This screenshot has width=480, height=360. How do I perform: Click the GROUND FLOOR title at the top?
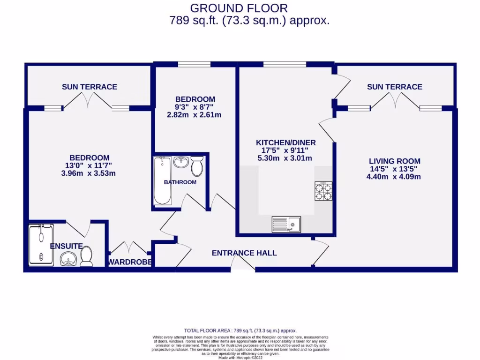coord(239,8)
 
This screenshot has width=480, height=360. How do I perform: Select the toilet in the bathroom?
coord(196,165)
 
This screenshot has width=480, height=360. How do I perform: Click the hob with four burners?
coord(323,191)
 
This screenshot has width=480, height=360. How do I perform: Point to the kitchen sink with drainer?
coord(286,225)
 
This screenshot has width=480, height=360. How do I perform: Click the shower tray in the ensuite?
coord(41,245)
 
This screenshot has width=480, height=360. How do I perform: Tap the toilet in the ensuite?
coord(86,257)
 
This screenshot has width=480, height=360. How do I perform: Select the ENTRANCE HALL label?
coord(244,253)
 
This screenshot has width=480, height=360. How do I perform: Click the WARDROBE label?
coord(130,262)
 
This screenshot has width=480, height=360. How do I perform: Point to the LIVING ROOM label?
coord(394,161)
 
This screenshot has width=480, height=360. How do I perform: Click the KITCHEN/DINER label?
coord(285,142)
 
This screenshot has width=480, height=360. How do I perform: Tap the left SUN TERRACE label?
coord(90,87)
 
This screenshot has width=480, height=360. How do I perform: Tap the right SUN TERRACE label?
coord(394,87)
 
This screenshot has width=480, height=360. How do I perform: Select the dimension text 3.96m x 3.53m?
coord(90,173)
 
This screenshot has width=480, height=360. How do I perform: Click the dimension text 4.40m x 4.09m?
coord(394,177)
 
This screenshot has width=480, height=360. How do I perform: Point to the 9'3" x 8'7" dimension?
coord(195,107)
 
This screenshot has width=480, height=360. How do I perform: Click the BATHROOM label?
coord(180,182)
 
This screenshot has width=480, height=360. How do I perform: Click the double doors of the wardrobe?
coord(129,248)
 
